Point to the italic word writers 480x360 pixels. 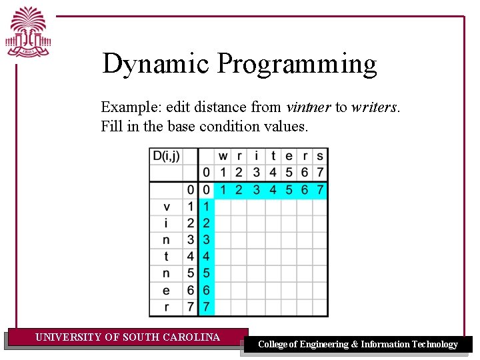pos(375,107)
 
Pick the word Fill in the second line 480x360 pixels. pos(111,126)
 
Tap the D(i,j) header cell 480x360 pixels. pos(166,157)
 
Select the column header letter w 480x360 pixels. pos(223,157)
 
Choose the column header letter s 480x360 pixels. pos(321,157)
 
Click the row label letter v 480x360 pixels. pos(166,207)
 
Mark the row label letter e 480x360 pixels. pos(166,290)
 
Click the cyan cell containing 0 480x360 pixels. pos(206,190)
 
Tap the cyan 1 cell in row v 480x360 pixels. pos(206,207)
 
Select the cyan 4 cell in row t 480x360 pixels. pos(206,257)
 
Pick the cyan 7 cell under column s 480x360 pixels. pos(321,190)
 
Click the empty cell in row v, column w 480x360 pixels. pos(223,207)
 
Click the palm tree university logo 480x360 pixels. pos(28,33)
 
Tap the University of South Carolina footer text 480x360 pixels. pos(127,337)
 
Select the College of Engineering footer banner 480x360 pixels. pos(357,345)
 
